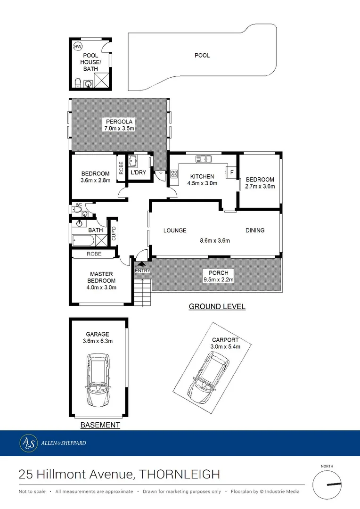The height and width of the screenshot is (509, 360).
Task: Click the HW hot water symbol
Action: coord(78,46)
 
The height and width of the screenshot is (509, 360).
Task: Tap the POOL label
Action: coord(202,56)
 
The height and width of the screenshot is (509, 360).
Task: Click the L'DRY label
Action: coord(138,173)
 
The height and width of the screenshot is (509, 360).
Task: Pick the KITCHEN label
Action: coord(203,177)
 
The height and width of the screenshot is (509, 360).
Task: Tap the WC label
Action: coord(78,205)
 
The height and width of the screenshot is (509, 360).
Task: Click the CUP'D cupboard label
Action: coord(113,234)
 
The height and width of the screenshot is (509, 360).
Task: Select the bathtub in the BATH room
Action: coord(84,240)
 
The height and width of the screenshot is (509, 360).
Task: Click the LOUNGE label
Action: coord(175,230)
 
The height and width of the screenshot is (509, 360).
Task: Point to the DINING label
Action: coord(255,230)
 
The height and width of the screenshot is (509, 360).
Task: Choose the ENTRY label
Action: coord(142,271)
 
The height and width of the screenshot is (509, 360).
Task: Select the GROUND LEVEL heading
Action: coord(217,307)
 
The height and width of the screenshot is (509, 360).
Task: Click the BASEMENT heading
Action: coord(100,425)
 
